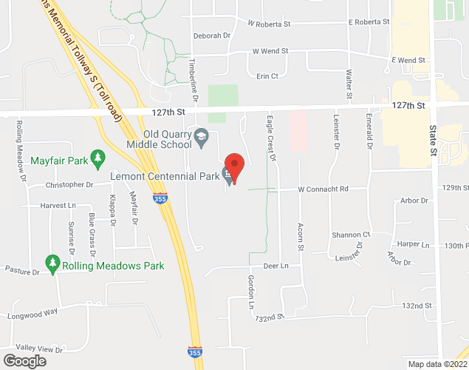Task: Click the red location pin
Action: (x=234, y=164)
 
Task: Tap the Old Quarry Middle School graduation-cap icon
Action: (x=201, y=136)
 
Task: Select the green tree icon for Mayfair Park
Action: (x=99, y=158)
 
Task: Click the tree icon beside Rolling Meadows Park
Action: (x=52, y=263)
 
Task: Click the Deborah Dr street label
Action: (x=212, y=35)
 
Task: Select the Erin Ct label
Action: (x=267, y=75)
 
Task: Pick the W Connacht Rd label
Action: (x=323, y=189)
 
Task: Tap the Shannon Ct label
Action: (x=350, y=234)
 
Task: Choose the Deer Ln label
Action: (x=275, y=265)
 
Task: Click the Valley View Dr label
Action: (x=40, y=348)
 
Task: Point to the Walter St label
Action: (x=348, y=84)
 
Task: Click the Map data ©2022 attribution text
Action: (x=436, y=363)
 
